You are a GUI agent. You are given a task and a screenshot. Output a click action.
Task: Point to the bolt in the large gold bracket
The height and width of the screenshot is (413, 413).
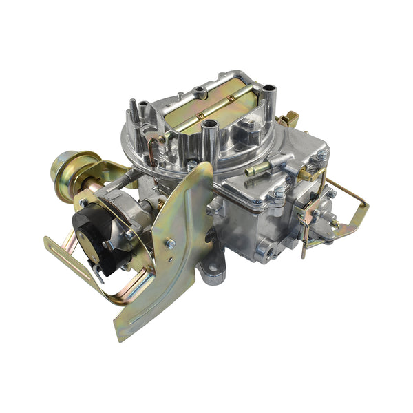click(170, 243)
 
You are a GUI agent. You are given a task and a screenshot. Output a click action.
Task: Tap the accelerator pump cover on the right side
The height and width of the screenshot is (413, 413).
click(310, 213)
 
